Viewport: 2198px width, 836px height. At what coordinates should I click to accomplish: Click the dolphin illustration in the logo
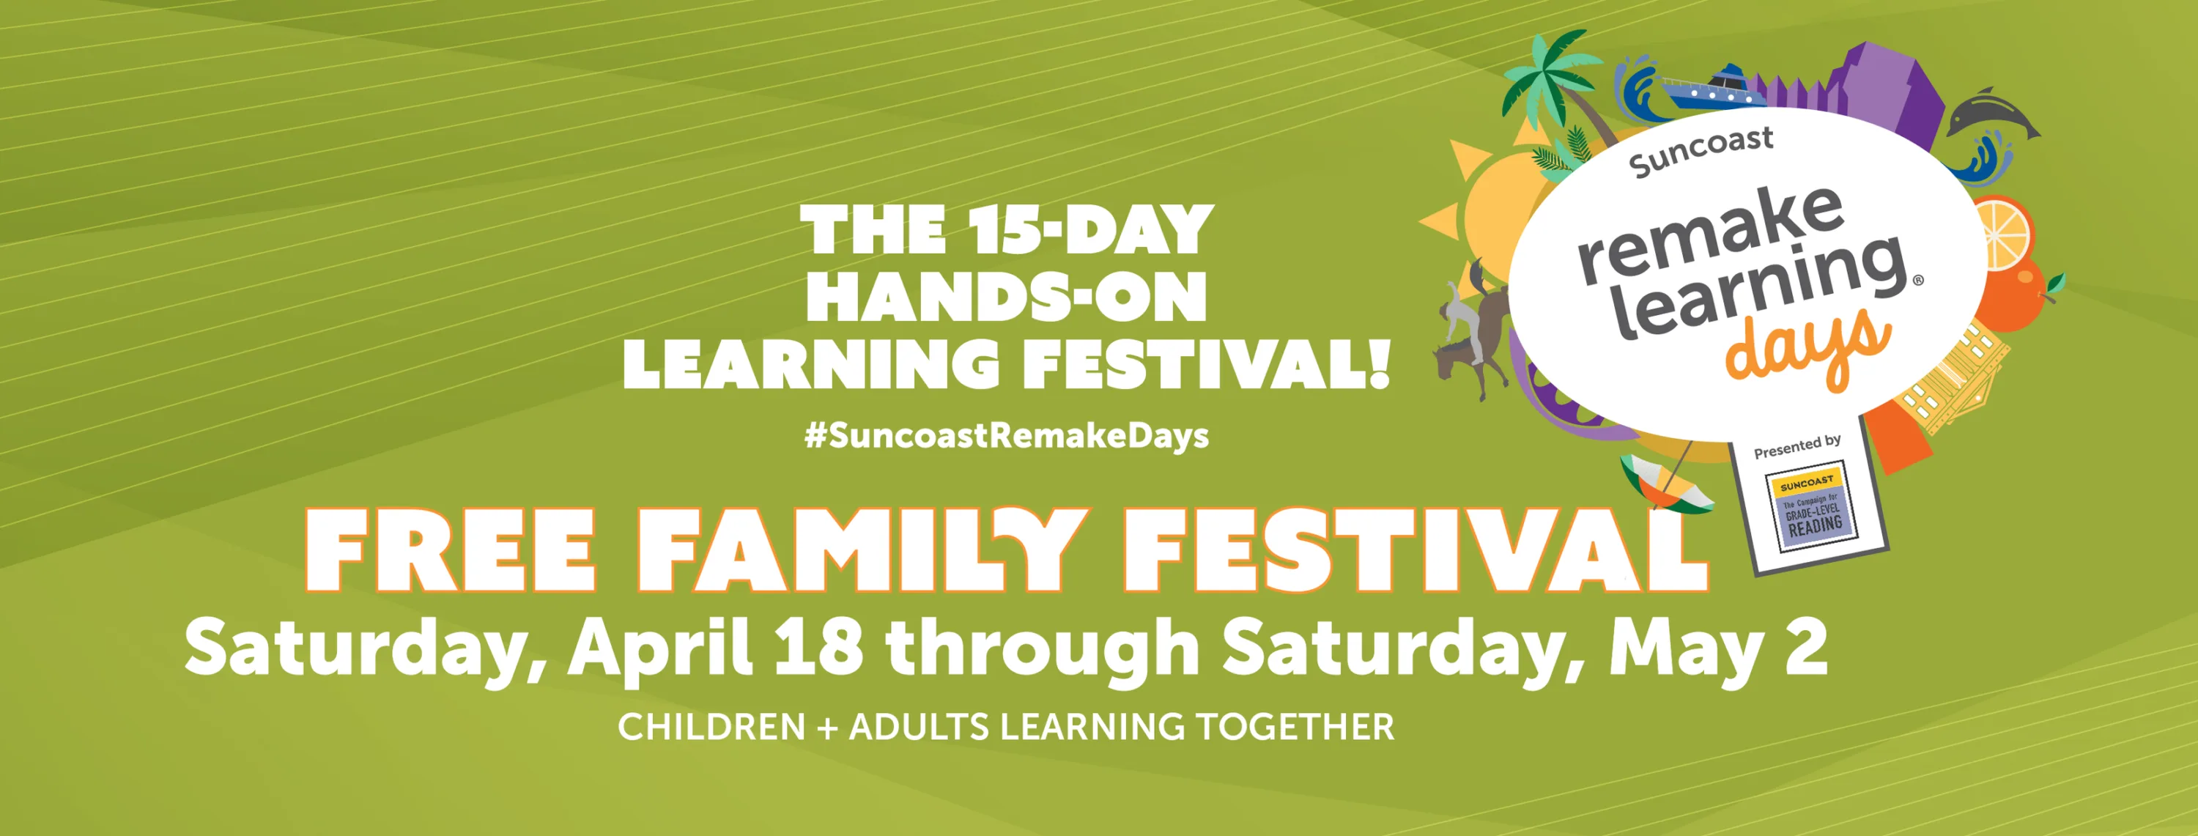pyautogui.click(x=1992, y=115)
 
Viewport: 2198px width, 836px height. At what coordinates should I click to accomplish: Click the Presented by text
pyautogui.click(x=1798, y=446)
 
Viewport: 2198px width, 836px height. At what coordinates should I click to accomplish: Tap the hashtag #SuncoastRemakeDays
pyautogui.click(x=1007, y=435)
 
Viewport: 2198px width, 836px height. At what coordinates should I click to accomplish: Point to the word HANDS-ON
pyautogui.click(x=1007, y=297)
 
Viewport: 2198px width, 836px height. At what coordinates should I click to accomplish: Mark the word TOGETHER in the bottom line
pyautogui.click(x=1295, y=727)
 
